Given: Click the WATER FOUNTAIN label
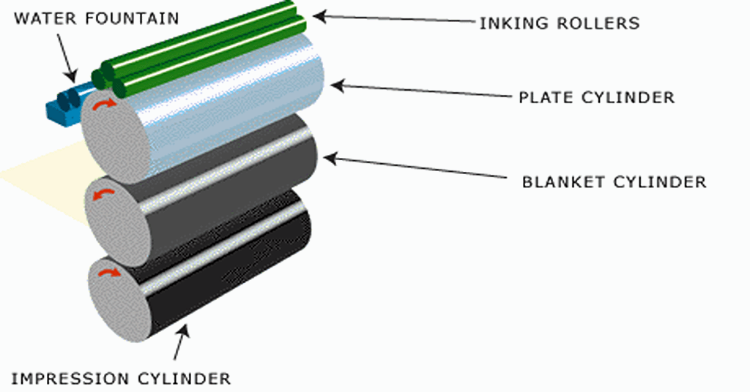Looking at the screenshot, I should (x=96, y=18).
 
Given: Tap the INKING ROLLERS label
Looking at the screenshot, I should (x=560, y=23).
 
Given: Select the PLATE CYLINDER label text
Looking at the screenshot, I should (x=595, y=97).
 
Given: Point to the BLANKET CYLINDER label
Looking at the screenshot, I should (x=614, y=181).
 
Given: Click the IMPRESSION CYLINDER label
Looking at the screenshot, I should (x=121, y=378).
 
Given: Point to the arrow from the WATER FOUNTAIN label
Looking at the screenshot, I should (x=66, y=55).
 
